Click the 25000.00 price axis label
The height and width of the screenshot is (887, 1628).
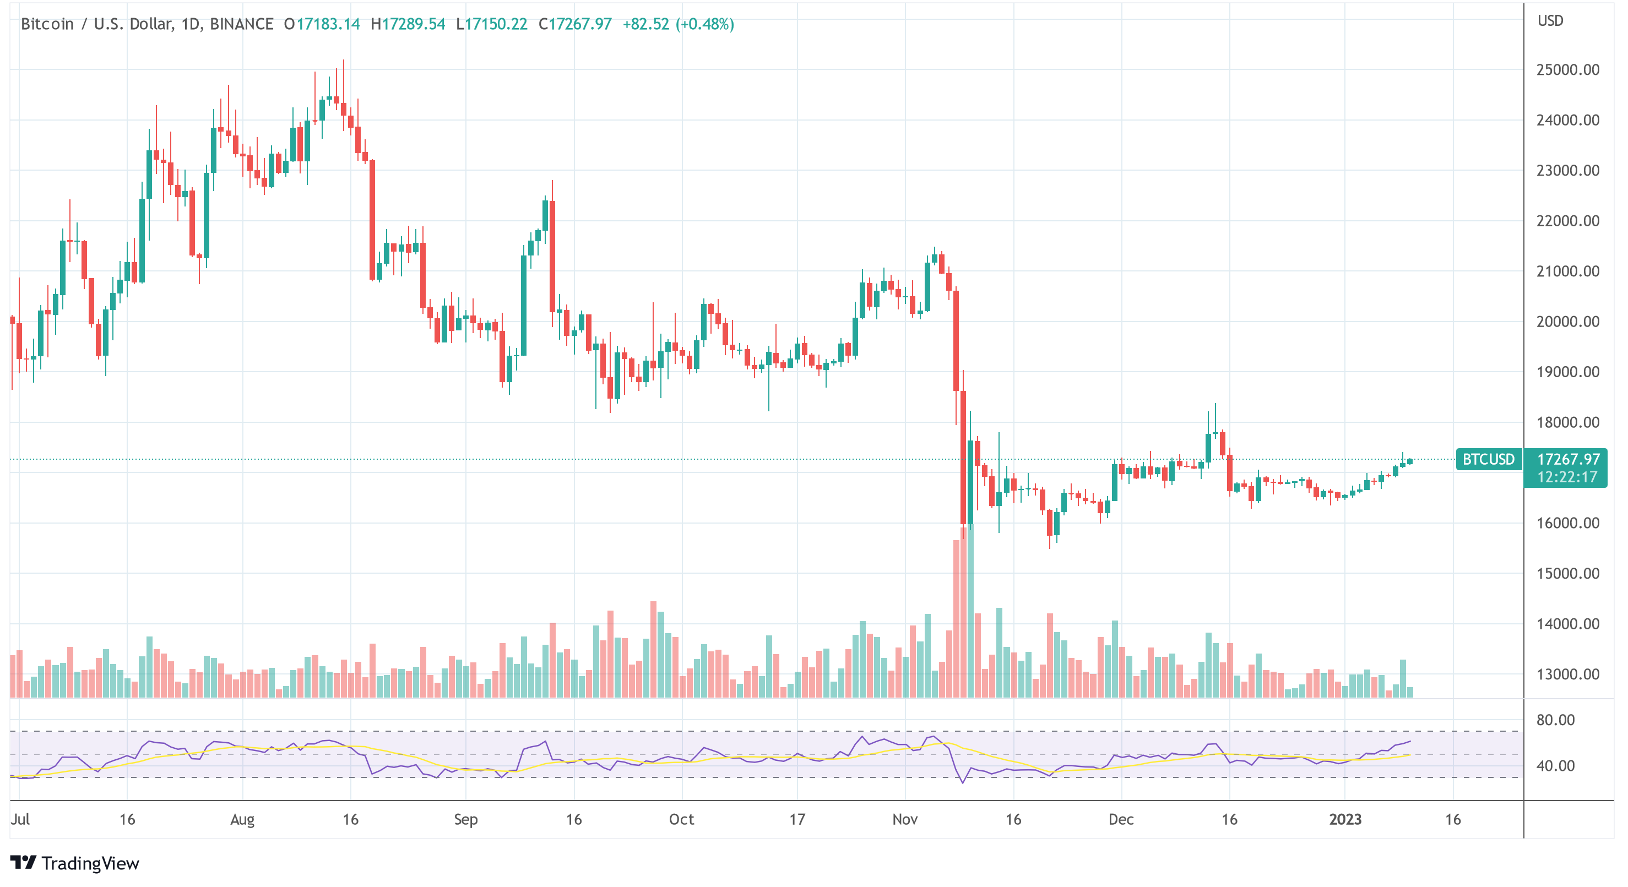(1567, 69)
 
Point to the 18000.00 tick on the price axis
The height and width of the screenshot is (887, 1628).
(1567, 422)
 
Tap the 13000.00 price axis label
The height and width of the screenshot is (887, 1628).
(1567, 674)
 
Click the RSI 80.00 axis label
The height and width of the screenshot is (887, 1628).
(1555, 720)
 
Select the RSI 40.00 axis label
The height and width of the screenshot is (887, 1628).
(1555, 766)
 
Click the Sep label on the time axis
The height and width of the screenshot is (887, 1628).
(466, 819)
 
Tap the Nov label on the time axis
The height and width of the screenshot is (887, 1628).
(904, 819)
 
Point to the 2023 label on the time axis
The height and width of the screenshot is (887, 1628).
(1345, 819)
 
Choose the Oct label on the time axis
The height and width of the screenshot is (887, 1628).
(681, 819)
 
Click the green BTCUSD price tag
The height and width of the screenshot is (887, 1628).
(1488, 459)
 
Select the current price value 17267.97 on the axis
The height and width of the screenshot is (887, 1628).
(1568, 459)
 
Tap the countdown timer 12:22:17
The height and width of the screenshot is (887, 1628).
(1567, 477)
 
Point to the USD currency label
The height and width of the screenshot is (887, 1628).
(1550, 21)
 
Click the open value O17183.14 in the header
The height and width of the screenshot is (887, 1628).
(322, 24)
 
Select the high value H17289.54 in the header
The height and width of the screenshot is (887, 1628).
(408, 24)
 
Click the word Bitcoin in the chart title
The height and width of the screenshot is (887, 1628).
(47, 24)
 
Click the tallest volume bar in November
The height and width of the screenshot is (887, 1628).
(970, 610)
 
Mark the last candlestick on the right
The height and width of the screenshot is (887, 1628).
(1410, 462)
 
